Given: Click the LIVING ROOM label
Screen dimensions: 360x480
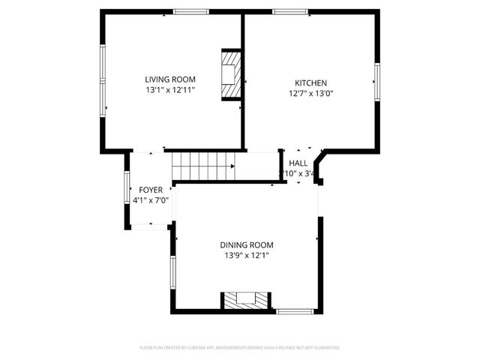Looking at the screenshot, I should [x=170, y=79].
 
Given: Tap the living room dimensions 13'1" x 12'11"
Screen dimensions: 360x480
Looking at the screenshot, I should [x=170, y=90].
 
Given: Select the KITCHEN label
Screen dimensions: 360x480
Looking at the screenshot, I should [x=310, y=83].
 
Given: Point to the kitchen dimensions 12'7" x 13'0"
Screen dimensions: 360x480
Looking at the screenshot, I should [x=310, y=94].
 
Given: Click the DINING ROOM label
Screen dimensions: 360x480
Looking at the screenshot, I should [x=246, y=245].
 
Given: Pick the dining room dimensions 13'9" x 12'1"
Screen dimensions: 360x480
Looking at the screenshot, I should [x=246, y=256].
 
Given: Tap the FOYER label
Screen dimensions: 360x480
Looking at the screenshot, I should [x=151, y=190].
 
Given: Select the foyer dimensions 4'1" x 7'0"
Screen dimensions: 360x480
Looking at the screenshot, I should [x=151, y=200].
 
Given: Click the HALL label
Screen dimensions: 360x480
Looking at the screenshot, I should [x=298, y=163].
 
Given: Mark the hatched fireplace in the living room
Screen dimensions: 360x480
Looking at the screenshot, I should [x=231, y=75].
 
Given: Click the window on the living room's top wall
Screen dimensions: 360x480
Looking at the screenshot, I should [x=191, y=11].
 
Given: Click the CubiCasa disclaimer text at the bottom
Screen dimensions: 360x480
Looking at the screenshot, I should [x=240, y=348].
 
